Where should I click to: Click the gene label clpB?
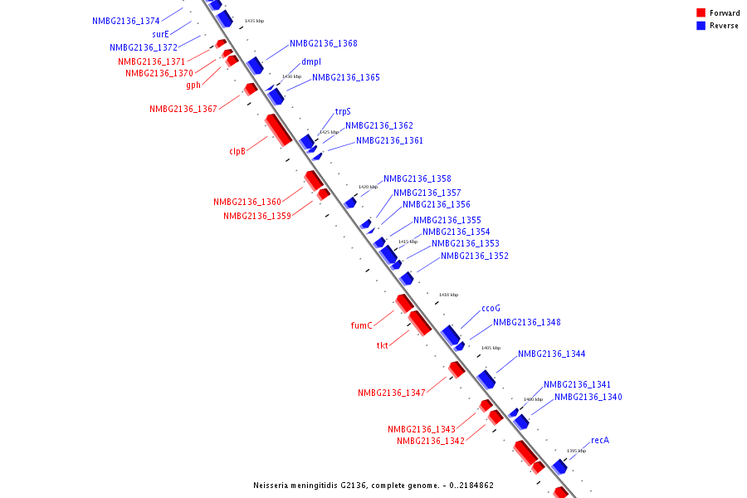[x=237, y=151]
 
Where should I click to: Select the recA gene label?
[x=600, y=440]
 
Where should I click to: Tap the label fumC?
[x=361, y=325]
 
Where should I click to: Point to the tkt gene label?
[x=382, y=345]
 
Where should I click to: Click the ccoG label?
[x=491, y=309]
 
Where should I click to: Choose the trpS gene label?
[x=343, y=111]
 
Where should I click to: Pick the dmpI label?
[x=311, y=61]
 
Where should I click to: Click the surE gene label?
[x=160, y=35]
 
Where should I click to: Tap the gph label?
[x=193, y=85]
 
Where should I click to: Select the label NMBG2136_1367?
[x=183, y=109]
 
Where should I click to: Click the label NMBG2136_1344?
[x=551, y=354]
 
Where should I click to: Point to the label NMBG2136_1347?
[x=392, y=393]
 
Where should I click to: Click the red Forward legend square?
[x=701, y=13]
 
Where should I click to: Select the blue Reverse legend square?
[x=701, y=26]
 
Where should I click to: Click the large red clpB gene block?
[x=278, y=129]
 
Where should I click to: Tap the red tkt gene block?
[x=419, y=322]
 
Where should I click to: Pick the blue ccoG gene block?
[x=451, y=334]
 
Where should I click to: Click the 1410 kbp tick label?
[x=448, y=295]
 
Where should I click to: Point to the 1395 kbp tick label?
[x=576, y=451]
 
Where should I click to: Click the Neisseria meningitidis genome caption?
[x=373, y=485]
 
